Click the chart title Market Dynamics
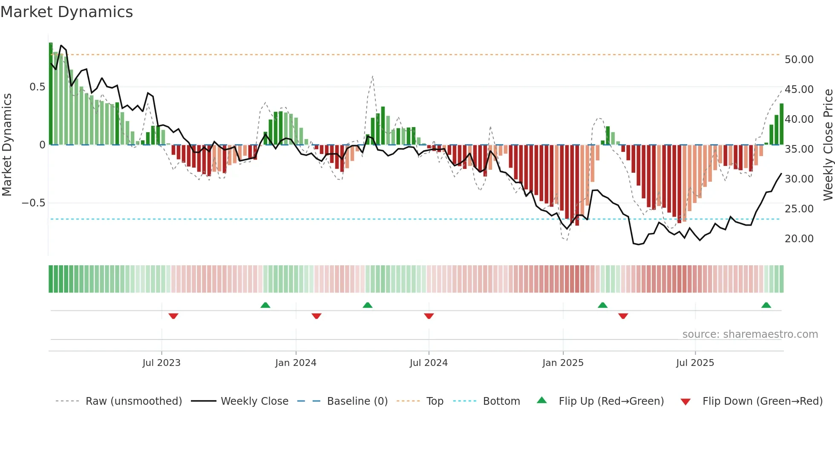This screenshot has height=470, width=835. point(66,12)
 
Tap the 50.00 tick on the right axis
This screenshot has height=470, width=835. point(799,60)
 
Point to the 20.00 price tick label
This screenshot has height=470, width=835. point(799,239)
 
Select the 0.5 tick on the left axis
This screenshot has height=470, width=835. point(37,87)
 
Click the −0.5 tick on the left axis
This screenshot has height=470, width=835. point(34,203)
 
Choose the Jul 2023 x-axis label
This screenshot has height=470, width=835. point(161,363)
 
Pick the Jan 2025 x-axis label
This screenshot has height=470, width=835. point(563,363)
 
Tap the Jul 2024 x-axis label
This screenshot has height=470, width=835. point(429,363)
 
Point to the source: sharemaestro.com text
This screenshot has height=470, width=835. point(750,334)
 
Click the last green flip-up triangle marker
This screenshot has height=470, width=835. point(766,305)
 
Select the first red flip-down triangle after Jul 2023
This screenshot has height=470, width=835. point(173,316)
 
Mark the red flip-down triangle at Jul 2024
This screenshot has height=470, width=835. point(429,316)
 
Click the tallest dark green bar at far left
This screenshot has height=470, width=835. point(51,94)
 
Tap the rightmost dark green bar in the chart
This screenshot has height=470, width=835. point(781,124)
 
